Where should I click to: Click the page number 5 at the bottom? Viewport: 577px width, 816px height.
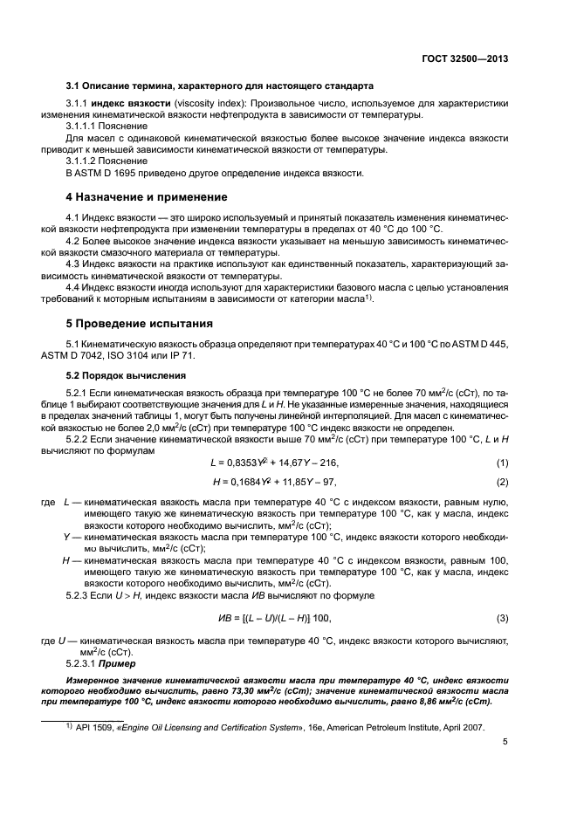pos(505,742)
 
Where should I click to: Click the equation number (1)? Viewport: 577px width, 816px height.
pos(502,462)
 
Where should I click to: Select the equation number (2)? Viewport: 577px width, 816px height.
pos(502,482)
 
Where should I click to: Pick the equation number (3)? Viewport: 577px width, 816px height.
pos(502,618)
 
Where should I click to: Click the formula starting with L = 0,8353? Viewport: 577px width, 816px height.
pos(274,462)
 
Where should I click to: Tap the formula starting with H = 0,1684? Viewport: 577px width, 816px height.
pos(274,482)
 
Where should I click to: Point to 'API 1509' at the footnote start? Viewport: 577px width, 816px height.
pos(92,726)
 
